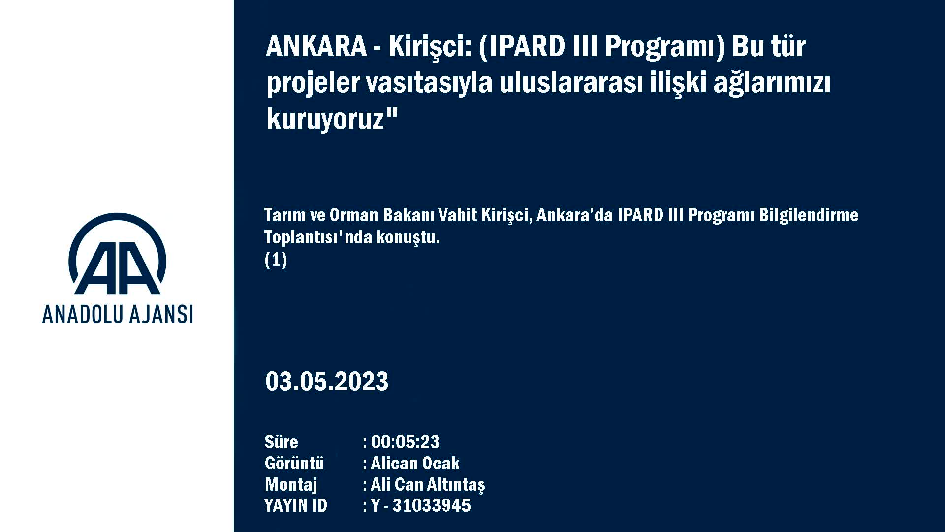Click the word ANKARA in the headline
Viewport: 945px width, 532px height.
[x=316, y=46]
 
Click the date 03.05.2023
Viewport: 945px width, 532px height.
[x=327, y=382]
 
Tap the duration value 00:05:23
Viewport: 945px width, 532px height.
[x=405, y=442]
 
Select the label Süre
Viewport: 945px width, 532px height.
[x=281, y=442]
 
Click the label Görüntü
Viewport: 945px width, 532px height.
[x=294, y=463]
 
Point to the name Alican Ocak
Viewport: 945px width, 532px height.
[x=415, y=463]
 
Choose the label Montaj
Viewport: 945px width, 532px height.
[x=291, y=485]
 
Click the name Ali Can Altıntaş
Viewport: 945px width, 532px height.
[x=428, y=485]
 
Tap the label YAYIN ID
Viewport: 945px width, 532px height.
[x=295, y=506]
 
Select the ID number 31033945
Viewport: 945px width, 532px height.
[x=432, y=506]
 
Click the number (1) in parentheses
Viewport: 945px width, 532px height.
[x=276, y=260]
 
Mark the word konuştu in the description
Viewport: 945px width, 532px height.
[x=408, y=237]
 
